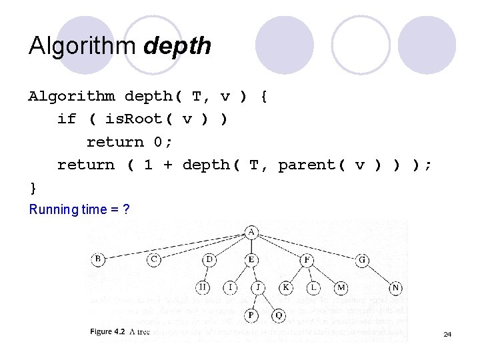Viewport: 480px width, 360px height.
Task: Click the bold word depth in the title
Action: [177, 47]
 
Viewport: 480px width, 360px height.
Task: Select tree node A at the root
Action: [251, 232]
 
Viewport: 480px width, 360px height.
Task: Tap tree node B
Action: [98, 259]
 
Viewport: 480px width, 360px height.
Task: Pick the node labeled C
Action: [154, 259]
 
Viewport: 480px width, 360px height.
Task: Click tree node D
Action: [210, 259]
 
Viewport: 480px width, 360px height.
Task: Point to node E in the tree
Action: [251, 259]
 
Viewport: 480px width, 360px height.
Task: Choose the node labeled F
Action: [307, 259]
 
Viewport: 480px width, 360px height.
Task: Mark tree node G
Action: [363, 259]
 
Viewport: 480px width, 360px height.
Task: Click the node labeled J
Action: [258, 287]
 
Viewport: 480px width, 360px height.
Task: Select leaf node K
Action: [286, 287]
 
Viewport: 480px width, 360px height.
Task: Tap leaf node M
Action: [341, 287]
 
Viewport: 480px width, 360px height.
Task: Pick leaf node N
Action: [396, 287]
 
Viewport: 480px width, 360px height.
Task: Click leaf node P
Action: [251, 314]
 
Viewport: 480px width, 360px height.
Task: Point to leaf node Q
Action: [279, 314]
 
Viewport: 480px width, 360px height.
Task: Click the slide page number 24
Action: [447, 334]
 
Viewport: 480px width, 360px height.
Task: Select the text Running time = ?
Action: [79, 209]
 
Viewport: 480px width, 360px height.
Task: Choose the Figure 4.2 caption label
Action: [109, 331]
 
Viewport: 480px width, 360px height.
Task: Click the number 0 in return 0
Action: [157, 141]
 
